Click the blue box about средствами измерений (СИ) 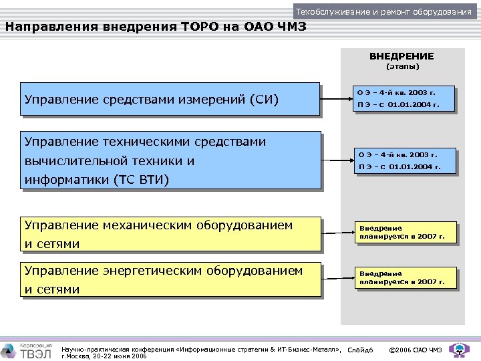[x=170, y=100]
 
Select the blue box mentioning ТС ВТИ [x=170, y=160]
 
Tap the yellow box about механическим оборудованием [x=170, y=234]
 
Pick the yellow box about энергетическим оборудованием [x=170, y=280]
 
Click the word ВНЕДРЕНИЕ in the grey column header [x=402, y=56]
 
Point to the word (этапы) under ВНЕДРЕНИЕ [x=403, y=67]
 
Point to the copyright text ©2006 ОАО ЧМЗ [x=415, y=350]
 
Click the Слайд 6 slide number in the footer [x=361, y=350]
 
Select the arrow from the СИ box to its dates [x=337, y=100]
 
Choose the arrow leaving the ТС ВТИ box [x=337, y=160]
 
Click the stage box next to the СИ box [x=405, y=98]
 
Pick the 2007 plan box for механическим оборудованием [x=406, y=233]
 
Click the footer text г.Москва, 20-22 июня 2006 [x=104, y=356]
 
